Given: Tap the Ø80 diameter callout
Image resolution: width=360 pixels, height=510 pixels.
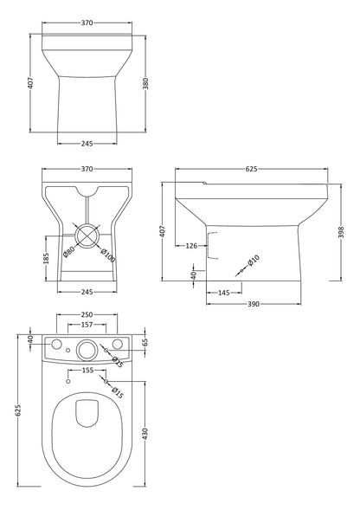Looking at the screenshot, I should (69, 252).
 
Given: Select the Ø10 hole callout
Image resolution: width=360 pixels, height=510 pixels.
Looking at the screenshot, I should (254, 260).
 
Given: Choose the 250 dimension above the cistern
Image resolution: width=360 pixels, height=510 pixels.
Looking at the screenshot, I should (87, 315).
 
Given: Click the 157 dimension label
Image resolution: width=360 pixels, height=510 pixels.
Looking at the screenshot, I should (87, 326).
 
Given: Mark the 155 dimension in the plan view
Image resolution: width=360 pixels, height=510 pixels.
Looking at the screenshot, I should (87, 370).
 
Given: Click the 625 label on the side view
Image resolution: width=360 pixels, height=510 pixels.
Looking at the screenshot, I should (251, 170).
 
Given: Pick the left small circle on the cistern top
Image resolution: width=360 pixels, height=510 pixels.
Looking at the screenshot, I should (57, 346).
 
